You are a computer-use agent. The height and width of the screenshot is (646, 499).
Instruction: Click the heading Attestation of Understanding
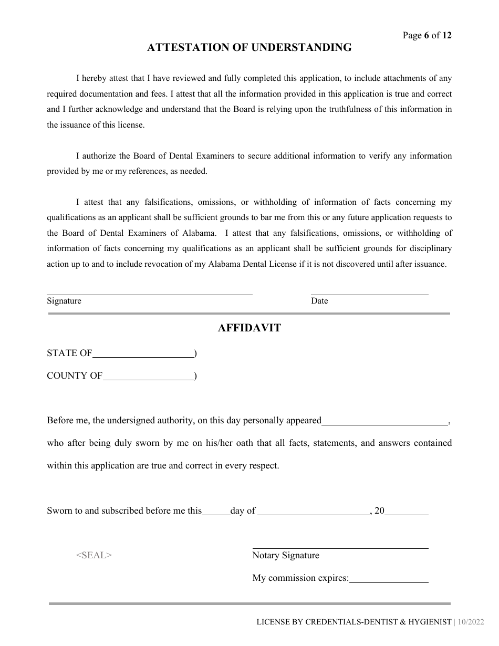(x=249, y=48)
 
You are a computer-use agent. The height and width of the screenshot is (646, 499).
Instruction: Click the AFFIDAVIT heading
(x=249, y=328)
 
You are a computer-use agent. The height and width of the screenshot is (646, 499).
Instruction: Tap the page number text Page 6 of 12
(x=427, y=36)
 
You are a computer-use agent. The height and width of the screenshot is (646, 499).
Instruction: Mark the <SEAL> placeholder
(x=94, y=555)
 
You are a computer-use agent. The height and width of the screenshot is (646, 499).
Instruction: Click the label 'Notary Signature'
(x=286, y=556)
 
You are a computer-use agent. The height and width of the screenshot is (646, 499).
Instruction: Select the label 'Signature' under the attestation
(x=64, y=301)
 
